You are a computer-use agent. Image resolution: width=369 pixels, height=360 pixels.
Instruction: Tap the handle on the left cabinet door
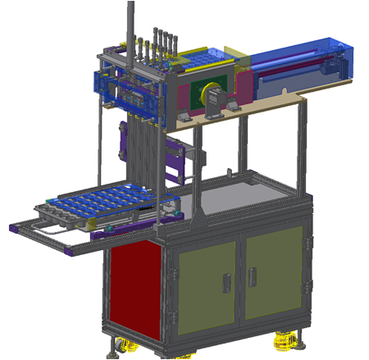click(226, 280)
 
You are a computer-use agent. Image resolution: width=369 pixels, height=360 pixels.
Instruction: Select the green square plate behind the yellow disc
click(197, 95)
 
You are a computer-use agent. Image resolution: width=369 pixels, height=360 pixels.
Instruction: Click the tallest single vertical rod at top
click(130, 25)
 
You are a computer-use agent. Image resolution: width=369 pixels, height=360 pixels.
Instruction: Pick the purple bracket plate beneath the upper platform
click(176, 160)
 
